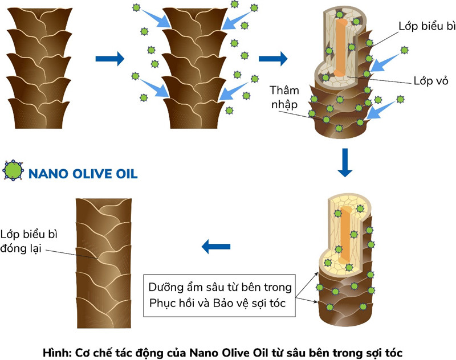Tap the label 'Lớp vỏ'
pos(430,81)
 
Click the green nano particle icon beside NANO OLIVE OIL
pos(13,171)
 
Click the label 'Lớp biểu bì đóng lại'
pos(29,242)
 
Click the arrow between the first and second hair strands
pos(109,58)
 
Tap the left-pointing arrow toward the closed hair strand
pos(216,247)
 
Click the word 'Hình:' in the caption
pos(56,352)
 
